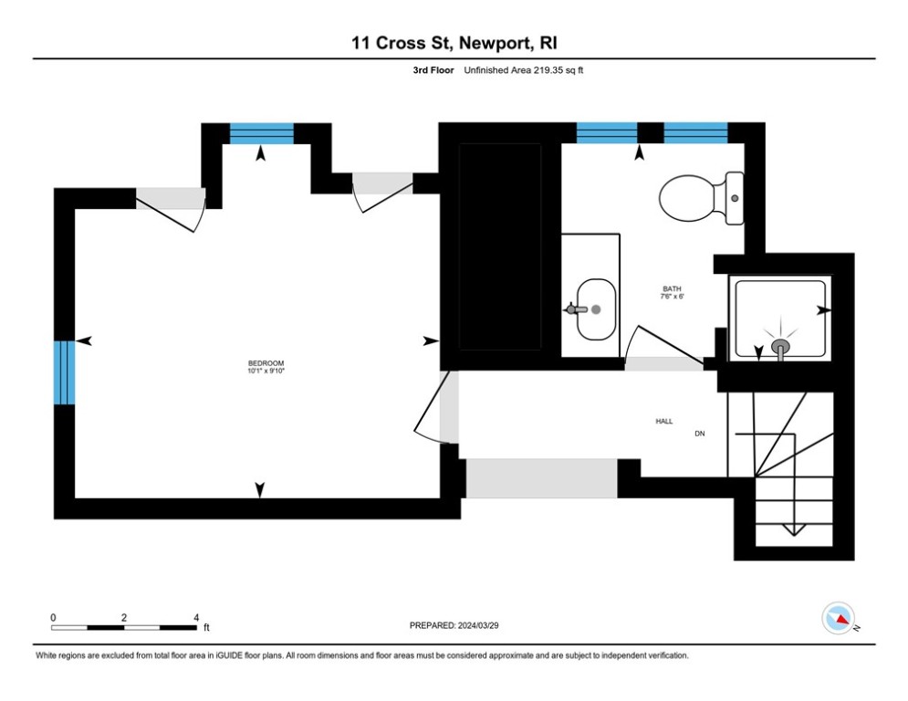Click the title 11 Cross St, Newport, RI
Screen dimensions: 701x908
[454, 43]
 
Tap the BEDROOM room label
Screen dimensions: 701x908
[259, 362]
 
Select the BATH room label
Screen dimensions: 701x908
[672, 288]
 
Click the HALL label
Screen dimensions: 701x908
[663, 421]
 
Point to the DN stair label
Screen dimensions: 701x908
[700, 434]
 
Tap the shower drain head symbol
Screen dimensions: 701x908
[780, 347]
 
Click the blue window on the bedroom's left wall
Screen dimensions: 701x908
[63, 371]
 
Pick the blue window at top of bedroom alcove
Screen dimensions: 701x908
[261, 133]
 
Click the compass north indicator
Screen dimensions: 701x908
[838, 618]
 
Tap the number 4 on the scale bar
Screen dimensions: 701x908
[196, 617]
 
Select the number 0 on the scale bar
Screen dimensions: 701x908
[53, 617]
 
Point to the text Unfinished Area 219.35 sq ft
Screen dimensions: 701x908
[523, 70]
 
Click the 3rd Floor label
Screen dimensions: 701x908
[433, 70]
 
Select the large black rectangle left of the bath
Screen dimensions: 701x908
[499, 246]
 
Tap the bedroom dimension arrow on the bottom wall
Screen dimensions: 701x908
[260, 490]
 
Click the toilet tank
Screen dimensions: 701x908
[736, 198]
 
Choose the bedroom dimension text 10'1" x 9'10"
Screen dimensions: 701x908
[259, 371]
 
